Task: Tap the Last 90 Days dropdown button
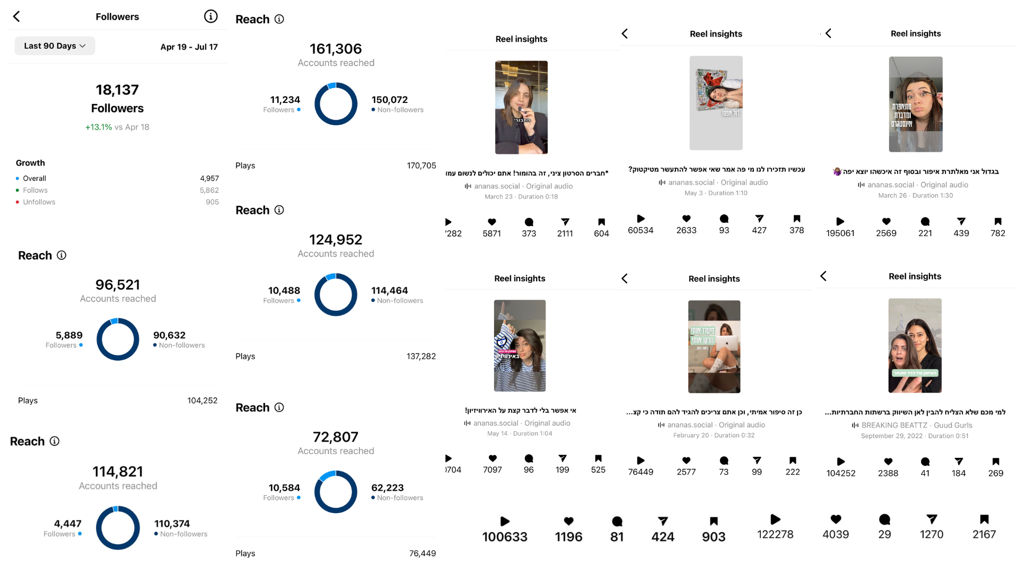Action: [55, 46]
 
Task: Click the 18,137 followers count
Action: [117, 90]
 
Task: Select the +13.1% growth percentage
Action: [99, 127]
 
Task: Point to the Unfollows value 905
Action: [212, 202]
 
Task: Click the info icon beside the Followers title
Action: [210, 16]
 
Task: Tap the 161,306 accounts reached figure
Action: [336, 49]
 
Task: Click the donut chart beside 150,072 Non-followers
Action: [336, 104]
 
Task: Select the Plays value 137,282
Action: [421, 357]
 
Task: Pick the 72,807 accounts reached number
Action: [336, 437]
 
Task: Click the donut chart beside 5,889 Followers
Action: [118, 340]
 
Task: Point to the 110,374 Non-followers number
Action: [172, 524]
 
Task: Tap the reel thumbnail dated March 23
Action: [521, 107]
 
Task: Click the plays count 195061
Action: [840, 233]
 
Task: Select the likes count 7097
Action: [492, 470]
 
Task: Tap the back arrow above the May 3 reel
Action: [625, 34]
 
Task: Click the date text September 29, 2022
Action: [891, 436]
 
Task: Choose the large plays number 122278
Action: [775, 535]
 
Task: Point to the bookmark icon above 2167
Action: [984, 519]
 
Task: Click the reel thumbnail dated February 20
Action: [714, 346]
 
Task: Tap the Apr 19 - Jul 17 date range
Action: [189, 47]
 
